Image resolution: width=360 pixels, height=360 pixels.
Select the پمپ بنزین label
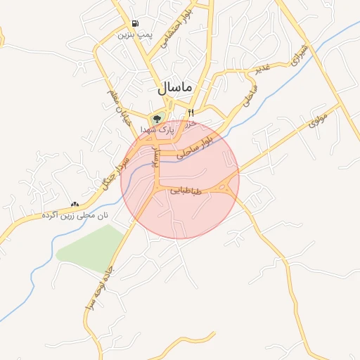pos(134,34)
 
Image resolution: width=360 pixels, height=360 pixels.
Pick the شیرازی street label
pos(300,53)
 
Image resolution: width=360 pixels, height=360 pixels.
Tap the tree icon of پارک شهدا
pos(157,118)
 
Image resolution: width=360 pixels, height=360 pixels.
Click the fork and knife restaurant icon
pos(190,112)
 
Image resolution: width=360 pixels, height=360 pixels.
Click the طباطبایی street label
pos(186,191)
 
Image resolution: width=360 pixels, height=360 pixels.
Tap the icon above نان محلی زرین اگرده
pos(75,204)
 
